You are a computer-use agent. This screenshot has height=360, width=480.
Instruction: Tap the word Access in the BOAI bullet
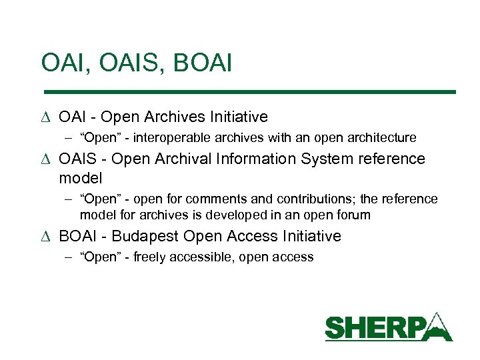click(x=253, y=236)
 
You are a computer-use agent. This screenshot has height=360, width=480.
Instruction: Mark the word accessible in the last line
click(x=201, y=257)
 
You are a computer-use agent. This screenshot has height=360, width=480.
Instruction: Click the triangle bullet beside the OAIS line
click(x=46, y=159)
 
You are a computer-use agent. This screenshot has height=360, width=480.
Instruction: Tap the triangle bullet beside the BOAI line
click(x=46, y=237)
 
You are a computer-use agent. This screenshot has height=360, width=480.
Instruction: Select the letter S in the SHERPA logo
click(x=335, y=329)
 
